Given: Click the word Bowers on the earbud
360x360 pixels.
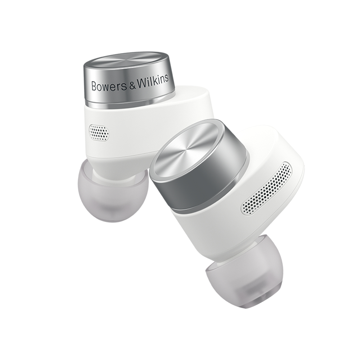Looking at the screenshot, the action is click(109, 85).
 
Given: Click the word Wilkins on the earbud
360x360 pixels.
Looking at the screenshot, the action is click(153, 80).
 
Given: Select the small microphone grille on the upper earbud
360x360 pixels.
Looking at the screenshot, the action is click(99, 132).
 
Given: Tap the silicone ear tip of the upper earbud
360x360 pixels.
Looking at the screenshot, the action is click(112, 190).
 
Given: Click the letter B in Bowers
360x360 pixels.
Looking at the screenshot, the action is click(94, 86).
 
